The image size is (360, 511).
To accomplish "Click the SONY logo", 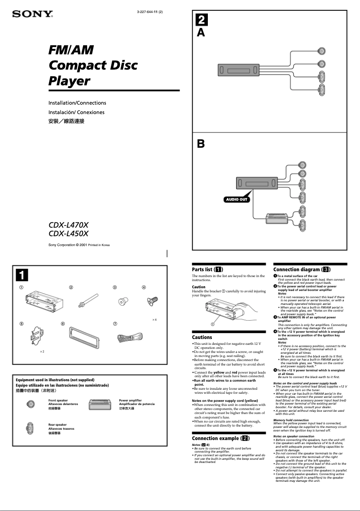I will (x=32, y=14).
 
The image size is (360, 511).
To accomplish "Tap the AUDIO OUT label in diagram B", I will (x=236, y=199).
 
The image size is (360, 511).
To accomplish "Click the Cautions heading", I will (x=202, y=337).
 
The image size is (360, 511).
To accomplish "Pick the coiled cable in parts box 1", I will (x=130, y=337).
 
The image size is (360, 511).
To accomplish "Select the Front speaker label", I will (x=58, y=400).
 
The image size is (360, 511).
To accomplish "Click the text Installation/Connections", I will (x=77, y=103).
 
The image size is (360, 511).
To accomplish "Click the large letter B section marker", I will (x=202, y=144).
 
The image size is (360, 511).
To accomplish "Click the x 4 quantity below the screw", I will (x=154, y=319).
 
